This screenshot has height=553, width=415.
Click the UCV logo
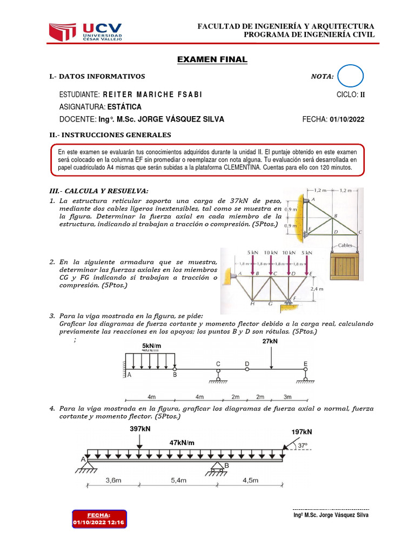pos(85,32)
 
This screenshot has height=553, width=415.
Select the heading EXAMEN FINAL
pos(212,59)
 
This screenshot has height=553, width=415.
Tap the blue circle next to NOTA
pos(351,76)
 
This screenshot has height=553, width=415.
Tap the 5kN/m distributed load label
pos(152,346)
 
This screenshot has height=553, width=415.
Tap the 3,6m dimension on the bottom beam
pos(111,480)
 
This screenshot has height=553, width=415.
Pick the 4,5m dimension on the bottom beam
pos(250,480)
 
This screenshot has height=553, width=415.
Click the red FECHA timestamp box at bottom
pos(99,519)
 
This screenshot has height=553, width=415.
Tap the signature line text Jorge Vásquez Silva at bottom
pos(331,515)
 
